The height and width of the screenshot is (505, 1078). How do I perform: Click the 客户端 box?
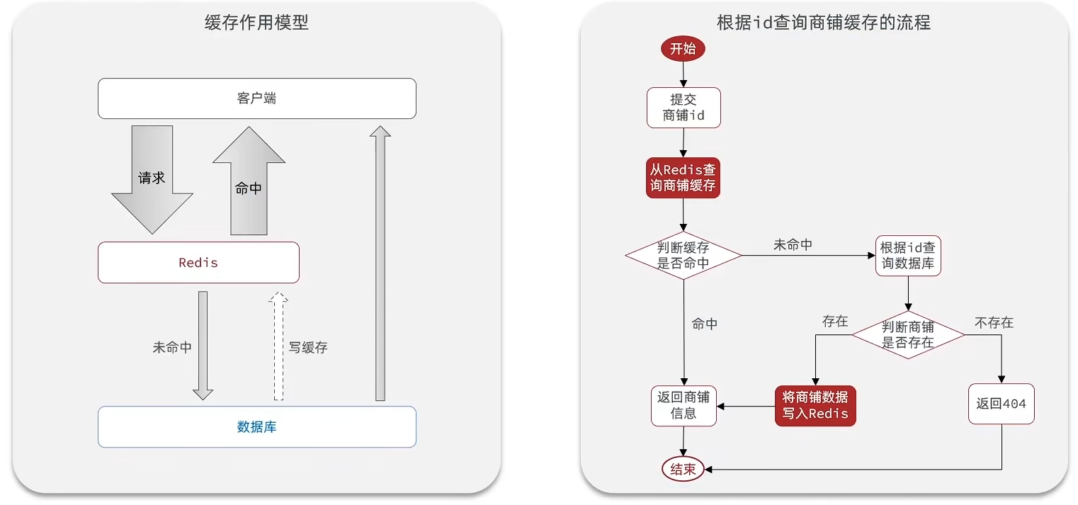click(256, 98)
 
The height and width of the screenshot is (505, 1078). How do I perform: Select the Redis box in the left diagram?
click(198, 263)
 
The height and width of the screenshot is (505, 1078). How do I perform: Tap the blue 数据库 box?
click(256, 426)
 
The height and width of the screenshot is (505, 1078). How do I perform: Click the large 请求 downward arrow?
click(152, 181)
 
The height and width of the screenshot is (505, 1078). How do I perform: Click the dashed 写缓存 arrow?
click(278, 347)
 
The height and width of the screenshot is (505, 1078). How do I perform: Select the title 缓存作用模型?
click(256, 23)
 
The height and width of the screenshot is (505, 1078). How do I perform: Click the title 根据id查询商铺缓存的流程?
click(823, 23)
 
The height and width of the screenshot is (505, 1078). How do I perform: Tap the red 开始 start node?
click(683, 49)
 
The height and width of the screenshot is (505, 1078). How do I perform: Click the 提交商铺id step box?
click(683, 108)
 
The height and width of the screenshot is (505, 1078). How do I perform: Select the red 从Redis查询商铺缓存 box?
click(683, 178)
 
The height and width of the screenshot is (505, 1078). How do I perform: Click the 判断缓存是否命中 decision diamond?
click(683, 255)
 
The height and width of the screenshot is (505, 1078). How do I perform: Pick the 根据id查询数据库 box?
click(908, 256)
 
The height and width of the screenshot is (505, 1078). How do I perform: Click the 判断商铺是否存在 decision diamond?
click(908, 334)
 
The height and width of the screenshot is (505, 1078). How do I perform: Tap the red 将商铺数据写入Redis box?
click(815, 405)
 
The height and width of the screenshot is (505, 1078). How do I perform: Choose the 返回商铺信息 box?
click(683, 405)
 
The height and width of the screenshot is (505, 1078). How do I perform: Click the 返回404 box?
click(1001, 404)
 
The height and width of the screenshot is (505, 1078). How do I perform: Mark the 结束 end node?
click(683, 469)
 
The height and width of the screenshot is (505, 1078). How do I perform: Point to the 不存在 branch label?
click(994, 323)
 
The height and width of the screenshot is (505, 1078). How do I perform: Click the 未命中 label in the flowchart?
click(793, 245)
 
